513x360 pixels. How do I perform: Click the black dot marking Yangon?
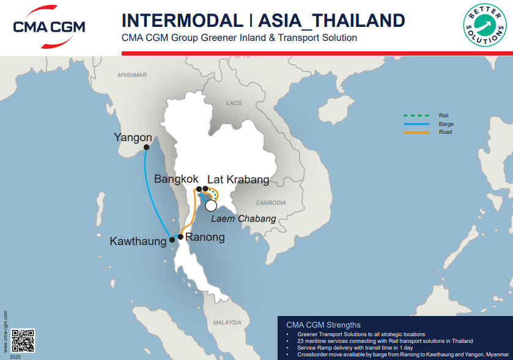point(147,147)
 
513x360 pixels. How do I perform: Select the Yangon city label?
point(133,138)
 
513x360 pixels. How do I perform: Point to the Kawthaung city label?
point(138,241)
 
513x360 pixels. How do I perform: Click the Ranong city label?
point(205,237)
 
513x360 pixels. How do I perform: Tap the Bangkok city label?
point(176,179)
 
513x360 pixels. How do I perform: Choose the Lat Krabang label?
point(238,179)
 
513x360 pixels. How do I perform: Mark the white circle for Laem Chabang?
point(211,205)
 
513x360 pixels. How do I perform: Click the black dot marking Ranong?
point(180,236)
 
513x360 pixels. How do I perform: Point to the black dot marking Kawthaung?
point(172,240)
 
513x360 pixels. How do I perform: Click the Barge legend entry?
point(446,123)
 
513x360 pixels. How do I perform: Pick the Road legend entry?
point(445,132)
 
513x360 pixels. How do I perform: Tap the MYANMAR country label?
point(132,75)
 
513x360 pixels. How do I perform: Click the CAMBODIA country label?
point(270,202)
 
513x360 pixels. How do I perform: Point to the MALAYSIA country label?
point(227,322)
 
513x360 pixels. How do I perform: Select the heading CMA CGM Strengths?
point(323,325)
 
